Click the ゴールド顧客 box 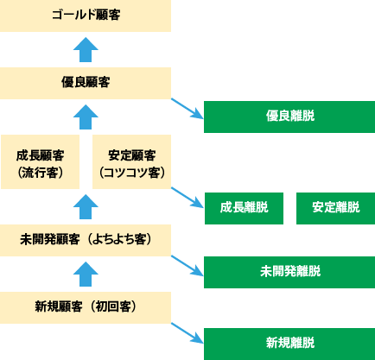click(86, 16)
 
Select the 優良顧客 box click(86, 83)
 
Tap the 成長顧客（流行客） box click(40, 161)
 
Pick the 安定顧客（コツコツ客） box click(131, 161)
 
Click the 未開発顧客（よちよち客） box click(86, 240)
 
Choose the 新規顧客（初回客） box click(86, 307)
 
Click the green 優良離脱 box click(289, 117)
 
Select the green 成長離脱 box click(244, 208)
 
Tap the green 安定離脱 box click(335, 208)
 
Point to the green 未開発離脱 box click(289, 272)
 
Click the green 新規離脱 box click(289, 344)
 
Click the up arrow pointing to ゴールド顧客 click(86, 49)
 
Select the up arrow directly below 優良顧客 click(86, 117)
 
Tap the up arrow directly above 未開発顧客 click(86, 206)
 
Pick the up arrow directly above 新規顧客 click(86, 274)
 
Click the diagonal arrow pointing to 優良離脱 click(187, 109)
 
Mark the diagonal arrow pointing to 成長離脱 click(187, 198)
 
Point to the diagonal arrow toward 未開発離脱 click(187, 266)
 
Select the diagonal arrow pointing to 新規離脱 click(187, 333)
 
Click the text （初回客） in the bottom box click(114, 306)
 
